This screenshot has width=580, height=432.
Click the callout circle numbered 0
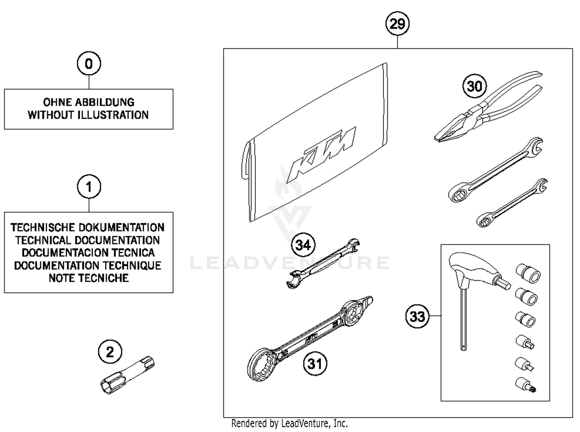(x=89, y=63)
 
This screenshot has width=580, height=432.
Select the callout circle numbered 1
(x=89, y=187)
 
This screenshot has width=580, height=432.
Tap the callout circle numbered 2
(x=110, y=352)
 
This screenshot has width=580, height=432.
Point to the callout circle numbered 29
(x=397, y=24)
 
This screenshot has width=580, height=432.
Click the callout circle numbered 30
(x=474, y=86)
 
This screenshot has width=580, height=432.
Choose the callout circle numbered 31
(x=315, y=363)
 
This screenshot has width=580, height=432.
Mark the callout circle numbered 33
(x=417, y=316)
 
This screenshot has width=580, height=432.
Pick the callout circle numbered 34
(x=303, y=245)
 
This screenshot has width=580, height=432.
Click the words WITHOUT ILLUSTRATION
(x=88, y=115)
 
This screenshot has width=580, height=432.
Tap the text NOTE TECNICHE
(x=89, y=278)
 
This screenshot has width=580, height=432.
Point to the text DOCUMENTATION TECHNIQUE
(x=88, y=266)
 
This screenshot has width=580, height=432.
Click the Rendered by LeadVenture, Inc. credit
(x=289, y=423)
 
